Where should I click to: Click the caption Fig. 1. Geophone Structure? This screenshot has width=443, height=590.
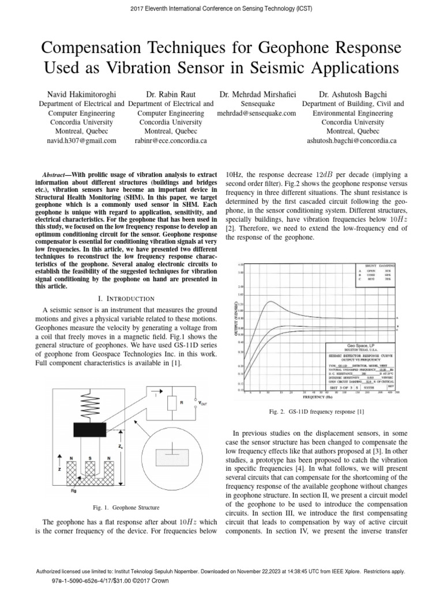[126, 508]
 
